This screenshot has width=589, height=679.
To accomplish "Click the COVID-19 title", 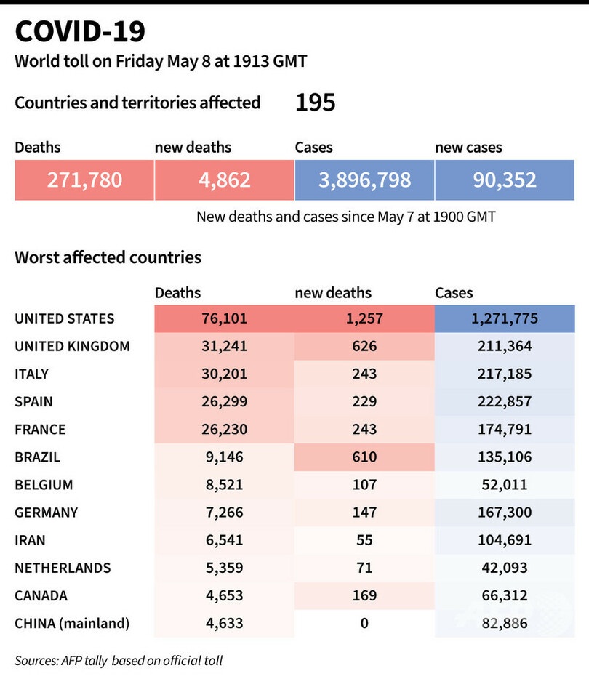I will [x=80, y=31].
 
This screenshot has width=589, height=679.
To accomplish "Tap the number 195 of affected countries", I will [x=315, y=103].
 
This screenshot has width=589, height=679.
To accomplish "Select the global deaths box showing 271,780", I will [x=84, y=180].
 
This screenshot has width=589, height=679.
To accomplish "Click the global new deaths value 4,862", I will [x=224, y=180].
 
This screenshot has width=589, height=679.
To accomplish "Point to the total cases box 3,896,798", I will [x=364, y=180].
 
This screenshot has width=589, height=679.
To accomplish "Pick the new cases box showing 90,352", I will [x=505, y=180].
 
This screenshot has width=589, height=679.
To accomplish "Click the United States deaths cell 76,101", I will [x=225, y=318].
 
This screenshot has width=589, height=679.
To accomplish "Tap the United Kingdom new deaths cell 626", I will [x=364, y=346].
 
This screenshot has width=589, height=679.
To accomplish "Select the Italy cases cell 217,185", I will [x=505, y=374].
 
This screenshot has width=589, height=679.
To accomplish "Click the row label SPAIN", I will [x=33, y=401].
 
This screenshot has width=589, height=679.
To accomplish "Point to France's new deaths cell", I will [x=364, y=429].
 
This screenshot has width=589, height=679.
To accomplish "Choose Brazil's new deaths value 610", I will [x=364, y=457].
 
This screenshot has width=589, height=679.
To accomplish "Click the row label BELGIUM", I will [x=44, y=485].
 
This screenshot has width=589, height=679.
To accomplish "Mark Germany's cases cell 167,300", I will [x=505, y=513].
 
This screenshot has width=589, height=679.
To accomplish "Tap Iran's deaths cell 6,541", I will [x=225, y=540].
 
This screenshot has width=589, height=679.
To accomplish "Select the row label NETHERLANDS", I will [x=63, y=568].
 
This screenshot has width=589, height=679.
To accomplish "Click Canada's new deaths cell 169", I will [x=364, y=595].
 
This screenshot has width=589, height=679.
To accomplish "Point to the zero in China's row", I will [x=364, y=623].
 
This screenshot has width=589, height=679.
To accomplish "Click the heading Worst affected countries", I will [x=108, y=257].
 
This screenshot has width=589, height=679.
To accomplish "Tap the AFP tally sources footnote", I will [x=119, y=661].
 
